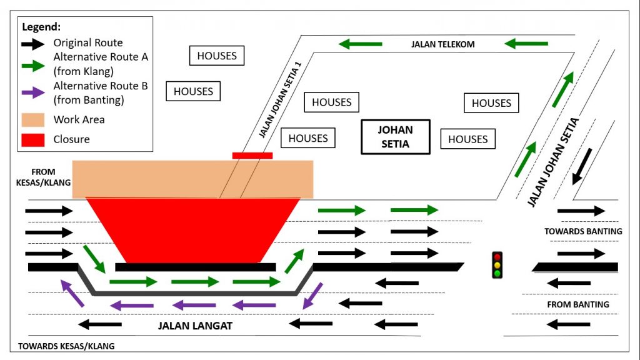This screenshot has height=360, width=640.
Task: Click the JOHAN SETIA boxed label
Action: coord(396,137)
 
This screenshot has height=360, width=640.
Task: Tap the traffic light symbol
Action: coord(497,265)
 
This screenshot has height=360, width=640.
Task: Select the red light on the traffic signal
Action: coord(497,256)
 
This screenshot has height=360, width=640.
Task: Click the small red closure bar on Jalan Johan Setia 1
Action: coord(252,155)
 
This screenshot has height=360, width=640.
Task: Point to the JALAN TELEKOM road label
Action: coord(443,44)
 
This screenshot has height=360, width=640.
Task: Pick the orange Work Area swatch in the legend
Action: coord(33,119)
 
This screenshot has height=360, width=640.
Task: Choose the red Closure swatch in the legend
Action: coord(33,139)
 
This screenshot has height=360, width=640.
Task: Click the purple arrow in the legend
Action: coord(33,92)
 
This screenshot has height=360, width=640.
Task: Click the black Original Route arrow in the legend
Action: coord(33,43)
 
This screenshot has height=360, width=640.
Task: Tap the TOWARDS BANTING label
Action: coord(583,231)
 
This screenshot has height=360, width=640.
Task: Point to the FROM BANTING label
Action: coord(578,304)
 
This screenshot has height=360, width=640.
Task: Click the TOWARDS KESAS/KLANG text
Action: coord(66,346)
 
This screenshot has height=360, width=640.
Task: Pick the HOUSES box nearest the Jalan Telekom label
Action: coord(492,103)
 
